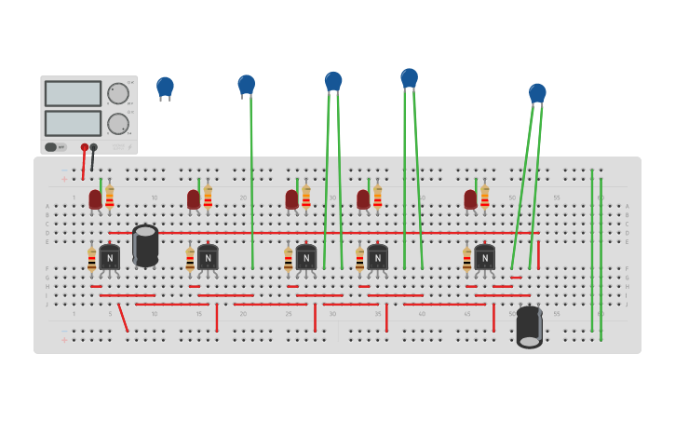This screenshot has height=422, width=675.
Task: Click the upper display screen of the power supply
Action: pos(73,93)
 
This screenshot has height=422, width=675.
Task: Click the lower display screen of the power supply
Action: pos(73,123)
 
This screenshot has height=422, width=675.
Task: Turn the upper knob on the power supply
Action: pos(118,93)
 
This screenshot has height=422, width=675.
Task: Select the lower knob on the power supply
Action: pos(118,124)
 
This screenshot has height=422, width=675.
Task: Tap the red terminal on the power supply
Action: pos(85,147)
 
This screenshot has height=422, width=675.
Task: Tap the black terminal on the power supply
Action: pos(93,147)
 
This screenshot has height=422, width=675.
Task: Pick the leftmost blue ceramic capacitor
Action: pos(165,87)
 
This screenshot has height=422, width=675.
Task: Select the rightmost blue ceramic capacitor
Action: pos(537,92)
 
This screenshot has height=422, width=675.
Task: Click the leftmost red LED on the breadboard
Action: pos(95,198)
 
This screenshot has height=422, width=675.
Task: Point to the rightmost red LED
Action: pos(470,198)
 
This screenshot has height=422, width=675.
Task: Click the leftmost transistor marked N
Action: pos(110,257)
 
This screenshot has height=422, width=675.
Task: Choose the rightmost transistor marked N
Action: pos(484,257)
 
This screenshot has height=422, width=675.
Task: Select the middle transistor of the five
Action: pos(305,257)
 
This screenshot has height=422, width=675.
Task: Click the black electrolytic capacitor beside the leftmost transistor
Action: pos(145,245)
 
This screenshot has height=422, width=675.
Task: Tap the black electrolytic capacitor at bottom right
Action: pos(529,326)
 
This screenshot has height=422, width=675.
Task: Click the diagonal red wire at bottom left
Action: pos(123,318)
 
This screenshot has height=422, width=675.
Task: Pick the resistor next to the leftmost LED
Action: pos(110,197)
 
